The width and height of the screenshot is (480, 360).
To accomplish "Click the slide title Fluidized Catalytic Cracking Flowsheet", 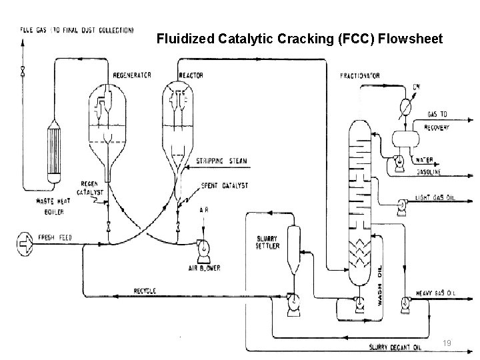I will coord(299,39).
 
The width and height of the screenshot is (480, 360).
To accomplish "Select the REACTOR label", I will coord(191,75).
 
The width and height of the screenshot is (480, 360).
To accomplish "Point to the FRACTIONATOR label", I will coord(359,75).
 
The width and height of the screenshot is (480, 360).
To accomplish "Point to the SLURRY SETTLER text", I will coord(268,242).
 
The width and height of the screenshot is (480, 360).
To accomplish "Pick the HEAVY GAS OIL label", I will coord(437,293).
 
